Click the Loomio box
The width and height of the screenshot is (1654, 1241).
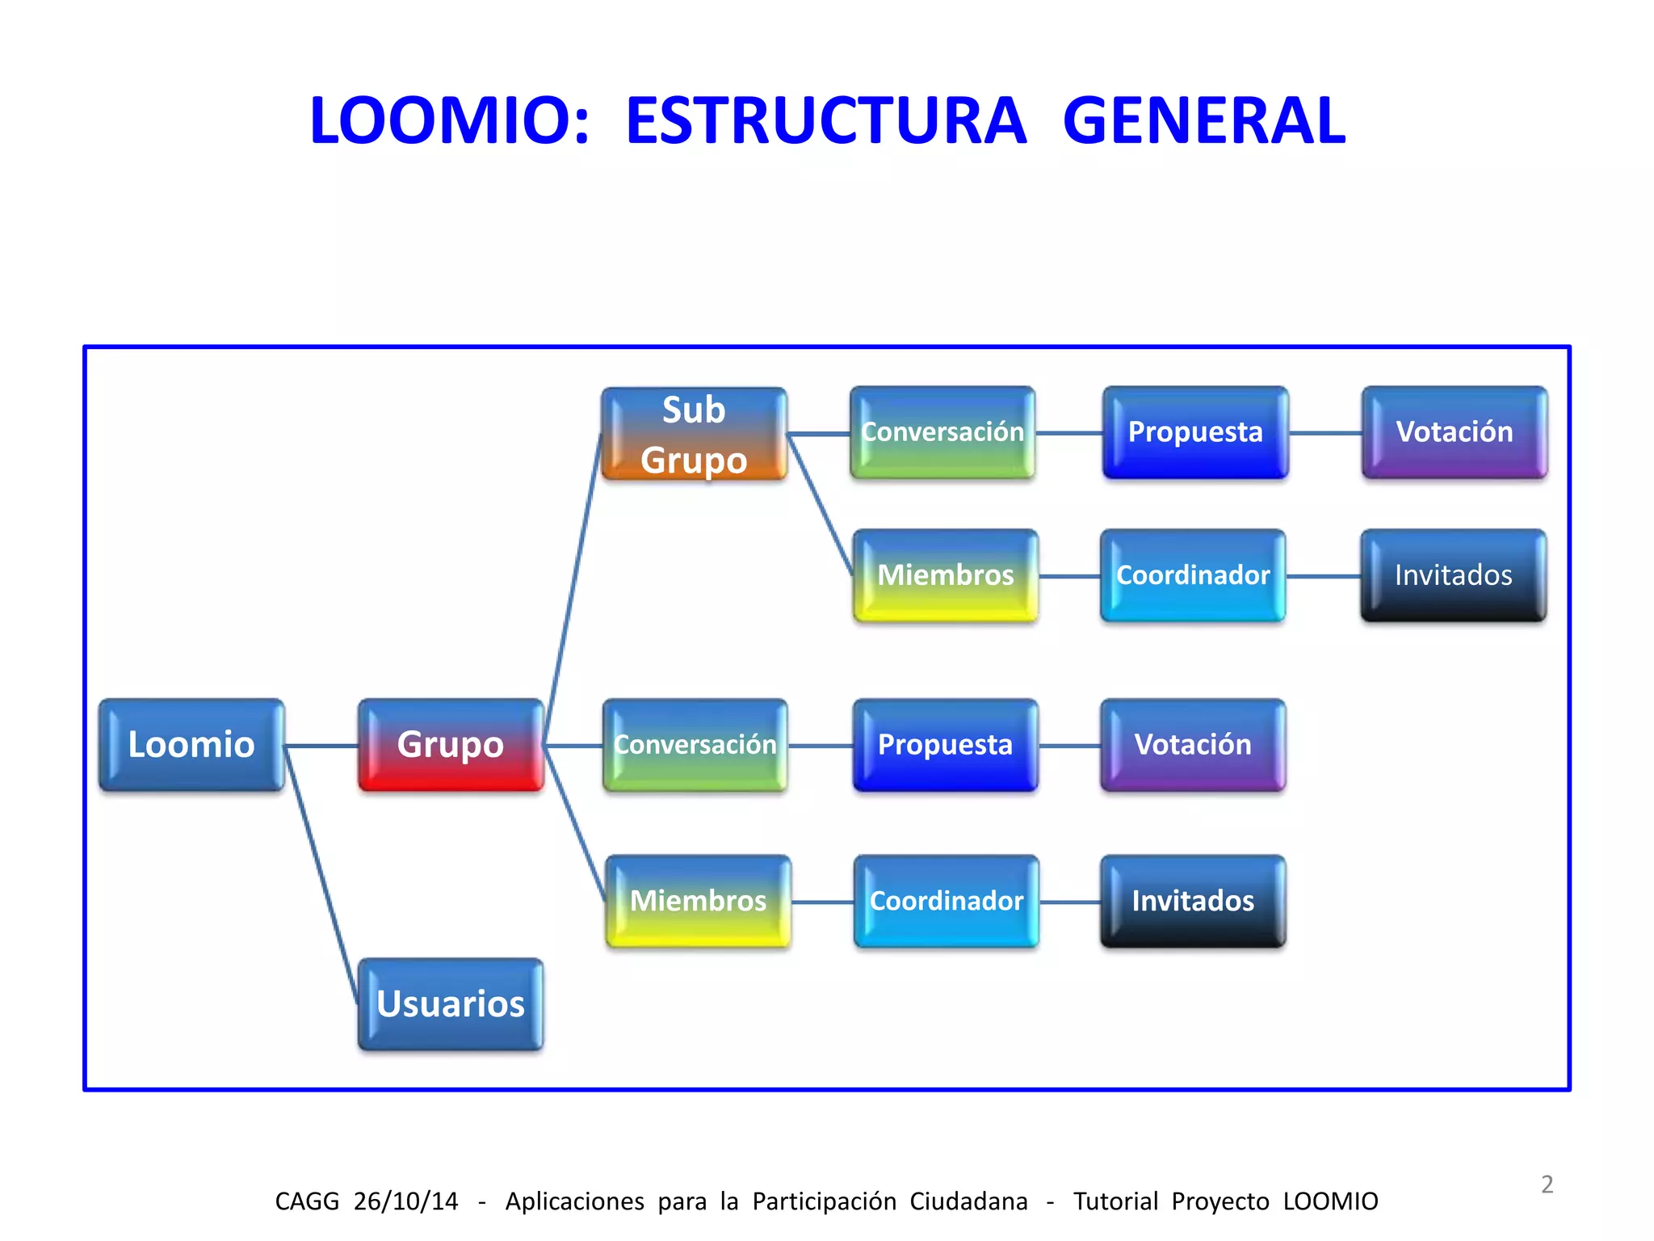tap(191, 744)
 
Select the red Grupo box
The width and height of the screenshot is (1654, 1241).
tap(451, 744)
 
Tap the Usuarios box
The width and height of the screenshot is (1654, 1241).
tap(451, 1003)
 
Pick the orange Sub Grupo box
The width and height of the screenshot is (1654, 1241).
tap(694, 434)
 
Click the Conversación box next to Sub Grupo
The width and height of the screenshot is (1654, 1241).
tap(942, 432)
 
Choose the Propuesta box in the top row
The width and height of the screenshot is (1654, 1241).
tap(1195, 432)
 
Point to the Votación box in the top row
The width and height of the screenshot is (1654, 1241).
tap(1455, 432)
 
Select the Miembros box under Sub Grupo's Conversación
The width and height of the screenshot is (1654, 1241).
tap(946, 575)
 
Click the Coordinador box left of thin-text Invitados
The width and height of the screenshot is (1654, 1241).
tap(1193, 575)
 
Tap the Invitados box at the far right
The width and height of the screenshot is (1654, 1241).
tap(1454, 575)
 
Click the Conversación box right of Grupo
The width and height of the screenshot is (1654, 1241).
tap(695, 744)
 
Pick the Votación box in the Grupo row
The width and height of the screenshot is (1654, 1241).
tap(1193, 744)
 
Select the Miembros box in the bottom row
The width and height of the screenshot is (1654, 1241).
tap(698, 901)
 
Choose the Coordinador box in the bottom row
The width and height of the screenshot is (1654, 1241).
tap(947, 901)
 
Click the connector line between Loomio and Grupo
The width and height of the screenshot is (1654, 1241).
tap(321, 745)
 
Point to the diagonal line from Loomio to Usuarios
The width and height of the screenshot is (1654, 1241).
tap(321, 873)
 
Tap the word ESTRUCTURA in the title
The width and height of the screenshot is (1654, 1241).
tap(825, 120)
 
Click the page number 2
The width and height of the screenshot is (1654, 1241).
tap(1547, 1184)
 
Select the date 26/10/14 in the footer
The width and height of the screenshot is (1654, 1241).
tap(405, 1201)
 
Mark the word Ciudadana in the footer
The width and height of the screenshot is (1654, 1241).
tap(968, 1201)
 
